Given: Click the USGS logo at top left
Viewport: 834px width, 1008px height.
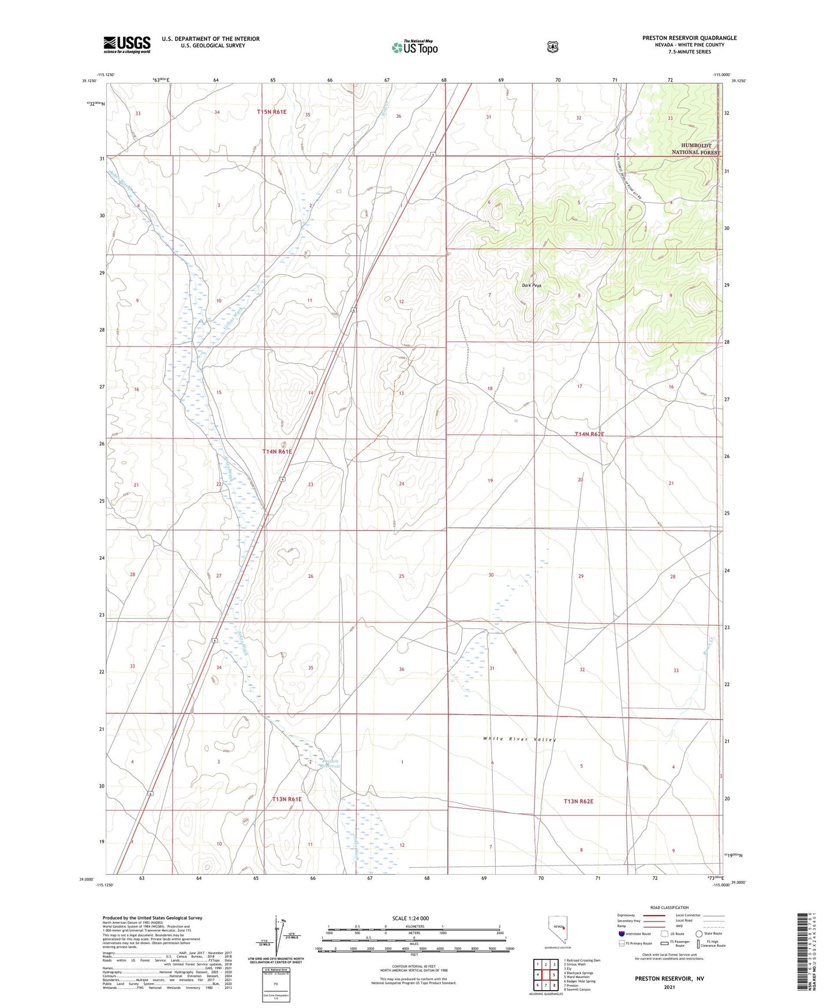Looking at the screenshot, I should coord(127,44).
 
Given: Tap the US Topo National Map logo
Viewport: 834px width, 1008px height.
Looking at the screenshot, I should coord(414,47).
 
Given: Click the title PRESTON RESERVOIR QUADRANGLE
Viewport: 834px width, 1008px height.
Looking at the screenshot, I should coord(689,38).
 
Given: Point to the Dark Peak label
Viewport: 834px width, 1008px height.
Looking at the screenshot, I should coord(532,286).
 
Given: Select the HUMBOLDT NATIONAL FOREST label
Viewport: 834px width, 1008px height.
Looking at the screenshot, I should coord(695,149).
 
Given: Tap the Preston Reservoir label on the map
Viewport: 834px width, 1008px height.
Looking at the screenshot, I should coord(331,763).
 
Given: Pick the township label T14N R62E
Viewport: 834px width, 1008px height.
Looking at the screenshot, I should coord(589,434).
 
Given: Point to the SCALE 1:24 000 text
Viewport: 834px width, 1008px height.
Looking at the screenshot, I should coord(410,918).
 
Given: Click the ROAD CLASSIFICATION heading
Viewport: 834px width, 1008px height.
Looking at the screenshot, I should coord(669,908).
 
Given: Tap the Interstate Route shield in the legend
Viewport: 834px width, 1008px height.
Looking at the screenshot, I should coord(621,934).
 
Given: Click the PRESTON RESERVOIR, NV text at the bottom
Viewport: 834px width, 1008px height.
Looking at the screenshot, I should coord(669,979).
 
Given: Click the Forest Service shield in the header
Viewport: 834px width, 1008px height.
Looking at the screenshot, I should coord(553,47).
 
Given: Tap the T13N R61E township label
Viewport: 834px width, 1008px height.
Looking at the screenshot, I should coord(287,800).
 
